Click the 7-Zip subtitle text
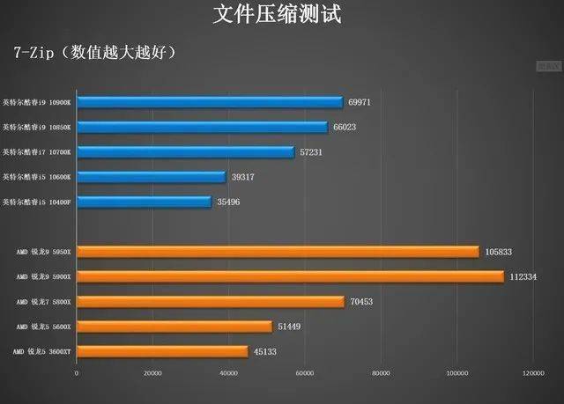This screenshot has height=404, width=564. tap(96, 52)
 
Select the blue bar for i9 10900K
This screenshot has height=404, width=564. tap(210, 103)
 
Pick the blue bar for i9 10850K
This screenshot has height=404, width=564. tap(202, 128)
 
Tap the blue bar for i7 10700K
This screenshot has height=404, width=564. tap(185, 152)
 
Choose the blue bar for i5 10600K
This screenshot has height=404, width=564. tap(152, 177)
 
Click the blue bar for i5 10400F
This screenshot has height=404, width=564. tap(144, 202)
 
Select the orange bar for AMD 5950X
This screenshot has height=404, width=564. tap(278, 252)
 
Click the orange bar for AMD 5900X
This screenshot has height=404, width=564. tap(290, 276)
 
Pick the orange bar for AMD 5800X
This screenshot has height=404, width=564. tap(211, 302)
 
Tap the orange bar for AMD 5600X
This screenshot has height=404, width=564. tap(174, 327)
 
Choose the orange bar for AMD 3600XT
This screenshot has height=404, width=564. tap(162, 352)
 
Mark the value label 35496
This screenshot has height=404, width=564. tap(227, 202)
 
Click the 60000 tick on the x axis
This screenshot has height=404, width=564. tap(305, 373)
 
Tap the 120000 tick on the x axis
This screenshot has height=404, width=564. tap(532, 373)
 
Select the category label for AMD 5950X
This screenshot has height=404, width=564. tap(46, 252)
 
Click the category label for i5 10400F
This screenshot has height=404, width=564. tap(41, 202)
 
